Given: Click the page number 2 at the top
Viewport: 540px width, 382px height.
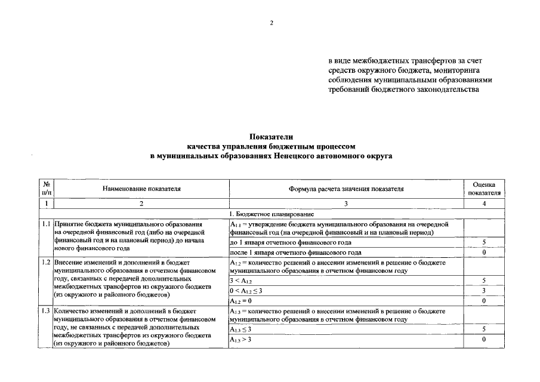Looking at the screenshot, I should [271, 23].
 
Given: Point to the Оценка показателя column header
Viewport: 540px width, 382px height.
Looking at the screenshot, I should [484, 189].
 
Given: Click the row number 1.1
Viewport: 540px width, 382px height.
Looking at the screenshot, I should [46, 224].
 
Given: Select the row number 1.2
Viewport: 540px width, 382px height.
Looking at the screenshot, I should [46, 262].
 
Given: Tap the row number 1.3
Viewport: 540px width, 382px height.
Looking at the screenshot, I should [46, 310].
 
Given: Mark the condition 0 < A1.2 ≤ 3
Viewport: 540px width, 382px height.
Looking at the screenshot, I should [246, 291].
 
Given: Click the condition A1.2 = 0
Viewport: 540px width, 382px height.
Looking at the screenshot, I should [242, 301].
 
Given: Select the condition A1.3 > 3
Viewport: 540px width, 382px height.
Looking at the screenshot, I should [241, 339].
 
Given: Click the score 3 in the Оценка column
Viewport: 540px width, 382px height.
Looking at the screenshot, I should [484, 291].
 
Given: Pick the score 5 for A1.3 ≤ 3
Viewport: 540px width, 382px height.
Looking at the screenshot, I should [484, 329].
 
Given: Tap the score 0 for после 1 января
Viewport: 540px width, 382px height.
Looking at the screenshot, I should [484, 252].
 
